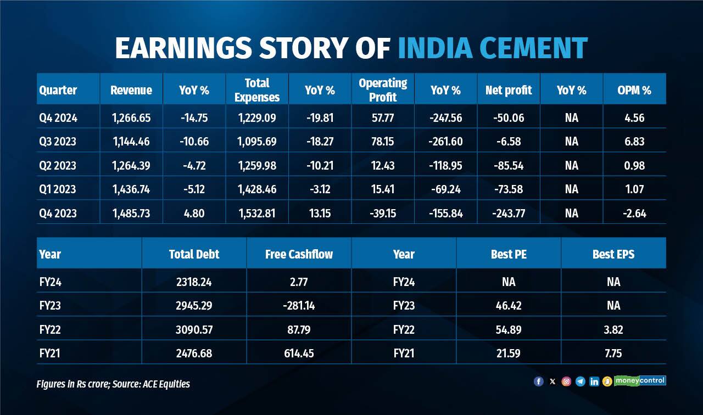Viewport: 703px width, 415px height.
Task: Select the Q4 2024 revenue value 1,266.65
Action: [x=131, y=118]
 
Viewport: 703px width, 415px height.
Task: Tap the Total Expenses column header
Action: [x=257, y=90]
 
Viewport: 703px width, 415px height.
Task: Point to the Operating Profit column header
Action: [x=383, y=90]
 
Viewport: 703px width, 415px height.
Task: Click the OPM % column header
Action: [x=634, y=91]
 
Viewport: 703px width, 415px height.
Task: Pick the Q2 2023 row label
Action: [x=58, y=166]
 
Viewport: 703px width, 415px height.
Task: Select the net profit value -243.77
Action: [x=509, y=214]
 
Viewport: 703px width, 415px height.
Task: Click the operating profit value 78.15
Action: [x=383, y=142]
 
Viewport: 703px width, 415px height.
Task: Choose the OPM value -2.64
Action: [x=634, y=214]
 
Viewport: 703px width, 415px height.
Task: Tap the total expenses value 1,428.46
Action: [x=257, y=189]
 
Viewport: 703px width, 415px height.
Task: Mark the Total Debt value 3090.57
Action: [x=194, y=329]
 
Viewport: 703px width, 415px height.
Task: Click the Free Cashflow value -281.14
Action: [x=299, y=306]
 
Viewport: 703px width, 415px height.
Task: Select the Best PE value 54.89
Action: [x=508, y=329]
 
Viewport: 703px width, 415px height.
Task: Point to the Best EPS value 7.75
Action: [x=613, y=354]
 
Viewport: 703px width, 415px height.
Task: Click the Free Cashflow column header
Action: [x=299, y=254]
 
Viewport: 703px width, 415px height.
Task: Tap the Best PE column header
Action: [x=508, y=254]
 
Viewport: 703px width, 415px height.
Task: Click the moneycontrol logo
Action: [x=640, y=380]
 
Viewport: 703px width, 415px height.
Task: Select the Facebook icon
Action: [x=538, y=382]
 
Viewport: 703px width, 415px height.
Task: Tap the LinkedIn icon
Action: [x=594, y=382]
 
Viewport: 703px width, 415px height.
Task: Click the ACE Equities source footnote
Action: [x=113, y=384]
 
